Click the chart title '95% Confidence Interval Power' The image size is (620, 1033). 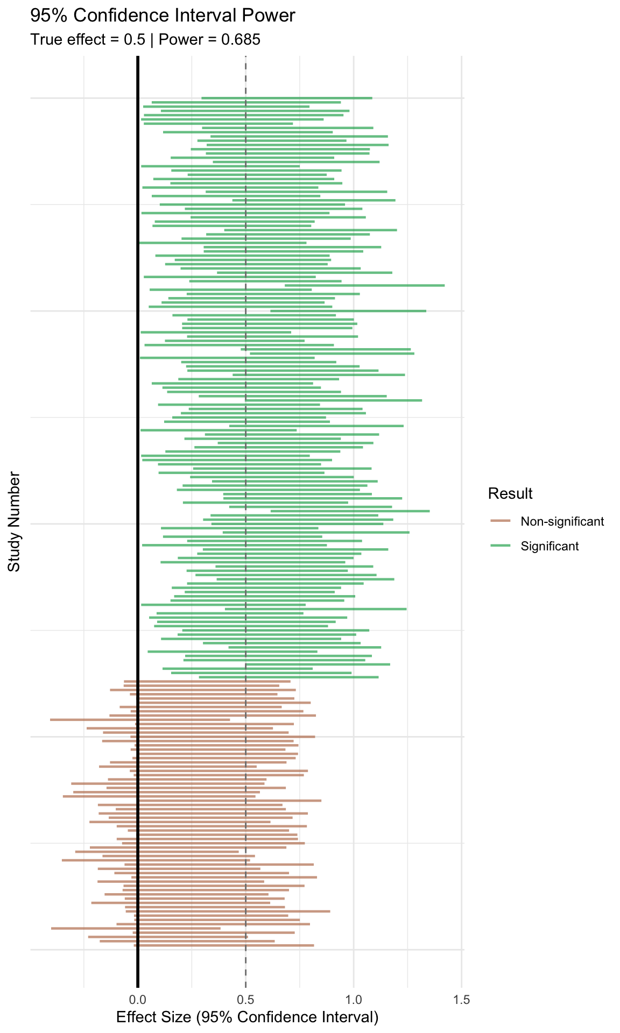click(x=163, y=16)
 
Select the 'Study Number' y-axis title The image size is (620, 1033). click(x=15, y=522)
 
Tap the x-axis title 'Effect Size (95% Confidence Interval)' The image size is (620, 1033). click(x=248, y=1017)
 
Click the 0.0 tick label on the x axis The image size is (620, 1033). click(x=138, y=1000)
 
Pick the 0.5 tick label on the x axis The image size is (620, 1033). click(x=246, y=1000)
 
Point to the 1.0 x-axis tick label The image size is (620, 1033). click(x=354, y=1000)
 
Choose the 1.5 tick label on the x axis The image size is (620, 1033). click(x=462, y=1000)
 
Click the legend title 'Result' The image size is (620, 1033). click(x=510, y=493)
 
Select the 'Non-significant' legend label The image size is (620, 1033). click(x=562, y=521)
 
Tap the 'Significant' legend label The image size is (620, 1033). click(x=549, y=546)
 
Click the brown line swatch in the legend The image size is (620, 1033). click(x=501, y=521)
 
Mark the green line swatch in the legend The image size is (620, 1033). click(x=501, y=546)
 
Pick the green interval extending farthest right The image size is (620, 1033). click(x=377, y=285)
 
